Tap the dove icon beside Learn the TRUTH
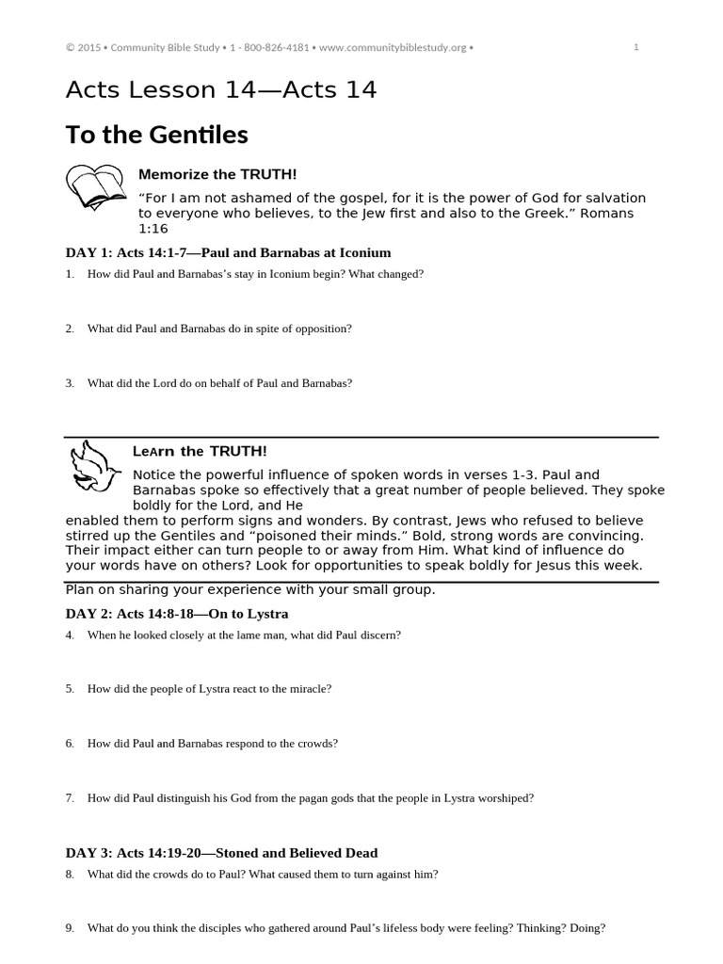pos(93,467)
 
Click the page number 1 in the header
pos(636,48)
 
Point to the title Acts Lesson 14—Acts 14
pos(220,90)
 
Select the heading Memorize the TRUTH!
pos(217,174)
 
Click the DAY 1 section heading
pos(228,252)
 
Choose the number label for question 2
pos(70,329)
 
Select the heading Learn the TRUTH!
pos(200,452)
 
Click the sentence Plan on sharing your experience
pos(249,590)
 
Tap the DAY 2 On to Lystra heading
pos(176,613)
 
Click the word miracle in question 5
pos(310,688)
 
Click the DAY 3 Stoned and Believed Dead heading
pos(221,853)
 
